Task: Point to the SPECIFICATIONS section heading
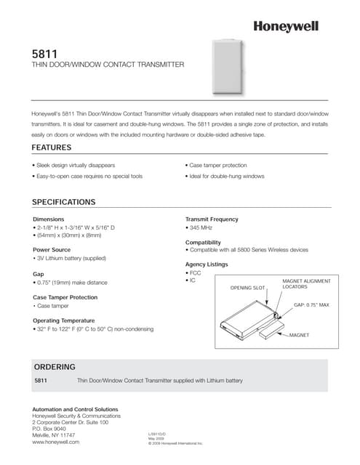click(64, 201)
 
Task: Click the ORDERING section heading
click(55, 366)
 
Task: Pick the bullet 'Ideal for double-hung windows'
click(225, 177)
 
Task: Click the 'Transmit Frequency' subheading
click(212, 219)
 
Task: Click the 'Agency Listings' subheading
click(207, 264)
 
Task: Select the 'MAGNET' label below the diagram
click(303, 335)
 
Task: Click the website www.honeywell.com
click(56, 441)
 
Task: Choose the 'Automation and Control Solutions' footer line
click(75, 409)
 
